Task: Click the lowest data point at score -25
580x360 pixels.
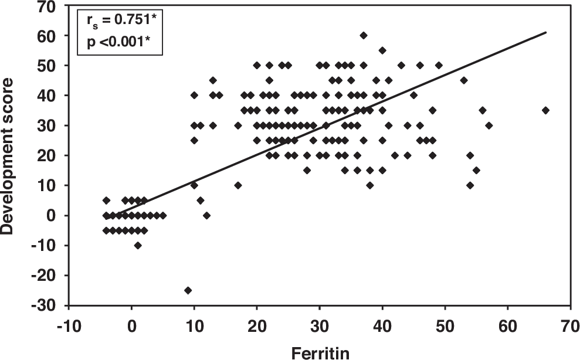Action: point(188,290)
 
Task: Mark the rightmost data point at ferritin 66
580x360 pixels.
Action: point(545,110)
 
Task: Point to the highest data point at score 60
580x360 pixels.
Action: point(364,36)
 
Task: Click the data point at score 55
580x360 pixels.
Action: point(382,50)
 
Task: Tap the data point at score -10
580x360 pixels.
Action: point(138,245)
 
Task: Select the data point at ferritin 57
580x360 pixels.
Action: point(489,125)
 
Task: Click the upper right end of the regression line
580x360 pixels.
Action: point(546,32)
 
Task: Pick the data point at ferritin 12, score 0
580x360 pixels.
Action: point(206,215)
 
